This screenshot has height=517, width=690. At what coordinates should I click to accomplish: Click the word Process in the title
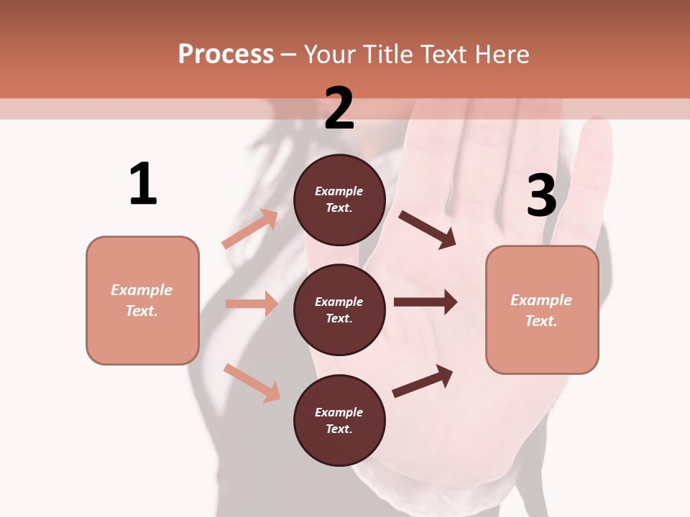tap(226, 55)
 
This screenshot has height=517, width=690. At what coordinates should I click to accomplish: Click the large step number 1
tap(142, 184)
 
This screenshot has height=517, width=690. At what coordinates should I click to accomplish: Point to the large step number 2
tap(339, 108)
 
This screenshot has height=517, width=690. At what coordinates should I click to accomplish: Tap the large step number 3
tap(541, 195)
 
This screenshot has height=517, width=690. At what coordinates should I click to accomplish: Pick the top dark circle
tap(339, 200)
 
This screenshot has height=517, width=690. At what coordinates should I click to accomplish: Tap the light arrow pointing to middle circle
tap(252, 304)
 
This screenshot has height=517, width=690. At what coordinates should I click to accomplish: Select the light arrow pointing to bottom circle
tap(252, 383)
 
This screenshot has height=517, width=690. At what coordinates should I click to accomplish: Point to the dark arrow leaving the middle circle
tap(425, 302)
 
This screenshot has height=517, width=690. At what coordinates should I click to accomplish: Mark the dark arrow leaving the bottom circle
tap(423, 381)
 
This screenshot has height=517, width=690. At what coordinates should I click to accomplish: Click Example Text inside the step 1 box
tap(142, 300)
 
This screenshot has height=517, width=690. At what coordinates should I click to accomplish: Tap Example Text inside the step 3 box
tap(541, 310)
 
